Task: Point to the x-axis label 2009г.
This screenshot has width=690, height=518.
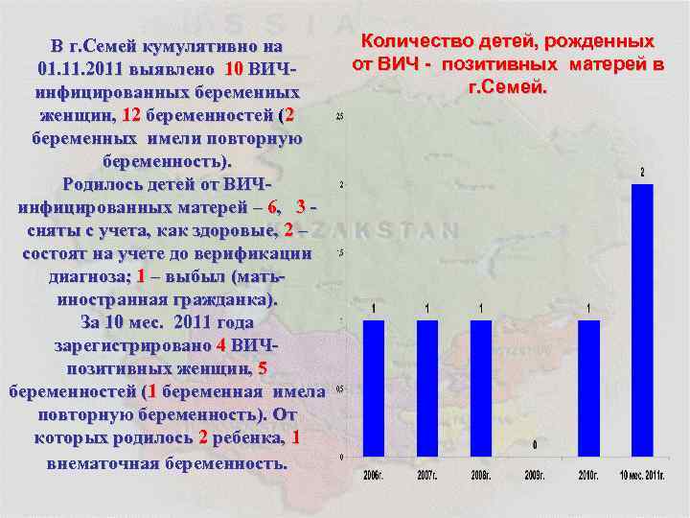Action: [534, 475]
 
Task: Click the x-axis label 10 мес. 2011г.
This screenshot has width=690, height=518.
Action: [641, 475]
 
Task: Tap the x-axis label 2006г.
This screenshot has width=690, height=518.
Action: [373, 475]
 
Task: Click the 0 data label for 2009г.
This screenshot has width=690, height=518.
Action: [534, 445]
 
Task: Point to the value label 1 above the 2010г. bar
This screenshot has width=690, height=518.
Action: [588, 308]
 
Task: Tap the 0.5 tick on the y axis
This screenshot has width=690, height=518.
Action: [340, 388]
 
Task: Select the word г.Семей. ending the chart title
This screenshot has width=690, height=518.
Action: [507, 86]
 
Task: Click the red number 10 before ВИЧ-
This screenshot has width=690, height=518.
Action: [234, 70]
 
